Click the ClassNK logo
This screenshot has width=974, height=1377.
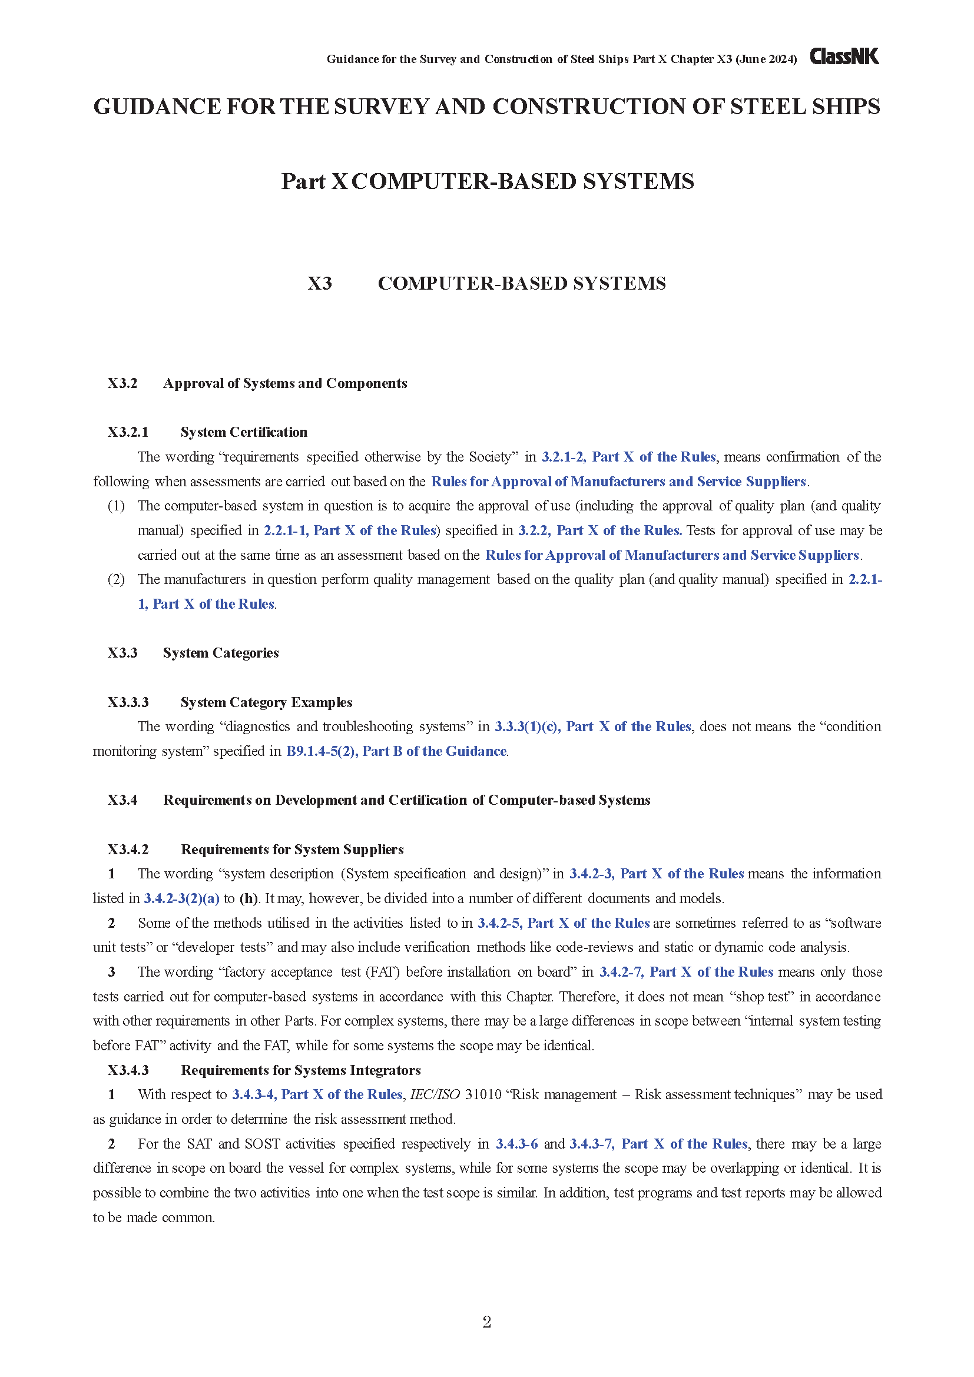(844, 57)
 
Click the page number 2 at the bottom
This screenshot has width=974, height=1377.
(486, 1322)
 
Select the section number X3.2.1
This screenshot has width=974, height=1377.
(128, 432)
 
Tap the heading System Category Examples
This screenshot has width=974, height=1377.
(266, 702)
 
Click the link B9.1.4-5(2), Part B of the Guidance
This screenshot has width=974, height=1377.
(396, 751)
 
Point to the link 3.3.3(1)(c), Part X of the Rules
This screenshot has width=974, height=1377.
(592, 726)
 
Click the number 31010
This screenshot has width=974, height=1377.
(483, 1094)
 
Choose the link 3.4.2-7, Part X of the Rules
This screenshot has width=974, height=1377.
(686, 971)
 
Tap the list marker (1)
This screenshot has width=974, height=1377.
(116, 506)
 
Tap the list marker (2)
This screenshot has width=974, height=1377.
(116, 579)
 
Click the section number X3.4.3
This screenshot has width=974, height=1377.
(128, 1070)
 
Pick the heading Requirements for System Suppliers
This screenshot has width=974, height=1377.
(292, 850)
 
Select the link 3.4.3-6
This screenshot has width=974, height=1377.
(516, 1144)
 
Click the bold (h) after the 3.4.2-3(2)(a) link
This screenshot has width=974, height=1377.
(249, 898)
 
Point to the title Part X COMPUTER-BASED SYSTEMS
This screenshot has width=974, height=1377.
(487, 181)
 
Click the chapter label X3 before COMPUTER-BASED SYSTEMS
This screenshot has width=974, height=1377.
(320, 283)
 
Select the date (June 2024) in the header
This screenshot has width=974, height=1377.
(766, 59)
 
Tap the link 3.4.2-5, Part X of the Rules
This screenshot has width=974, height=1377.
(563, 923)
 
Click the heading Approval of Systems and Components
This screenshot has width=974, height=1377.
(285, 383)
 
